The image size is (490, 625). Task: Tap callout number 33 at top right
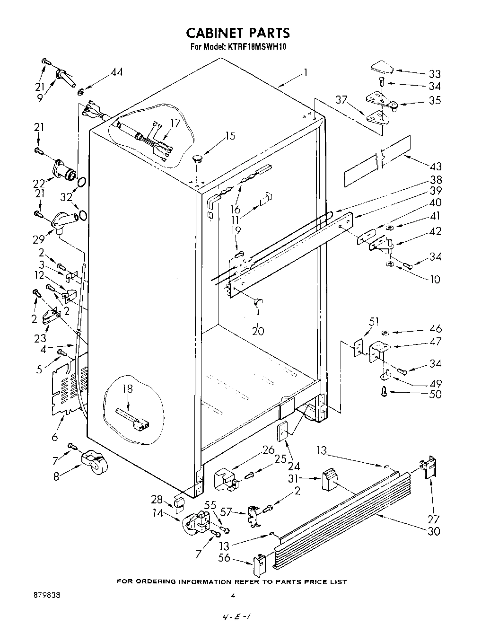point(434,74)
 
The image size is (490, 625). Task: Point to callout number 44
point(116,72)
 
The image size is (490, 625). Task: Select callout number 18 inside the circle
point(127,389)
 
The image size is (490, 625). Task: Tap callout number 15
point(230,136)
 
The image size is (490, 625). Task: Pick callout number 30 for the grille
point(434,531)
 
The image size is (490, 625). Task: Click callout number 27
point(433,506)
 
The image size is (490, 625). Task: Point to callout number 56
point(224,558)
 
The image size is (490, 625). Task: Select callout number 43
point(436,167)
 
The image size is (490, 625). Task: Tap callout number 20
point(258,331)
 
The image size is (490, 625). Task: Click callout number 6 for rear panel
point(55,437)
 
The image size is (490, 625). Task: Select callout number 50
point(435,394)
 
